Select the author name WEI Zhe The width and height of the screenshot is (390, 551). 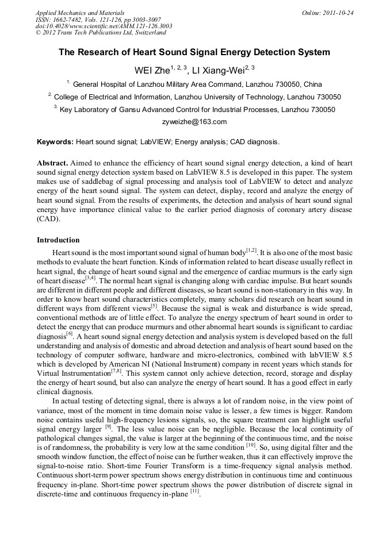[x=151, y=71]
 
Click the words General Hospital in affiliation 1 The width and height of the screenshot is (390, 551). [x=99, y=84]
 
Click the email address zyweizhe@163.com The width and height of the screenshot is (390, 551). [x=195, y=122]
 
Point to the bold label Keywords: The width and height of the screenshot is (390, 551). [x=55, y=142]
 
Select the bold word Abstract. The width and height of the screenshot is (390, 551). [x=53, y=163]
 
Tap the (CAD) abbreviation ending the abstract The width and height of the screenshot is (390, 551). [x=48, y=219]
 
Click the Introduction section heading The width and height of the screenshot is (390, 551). [x=58, y=240]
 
